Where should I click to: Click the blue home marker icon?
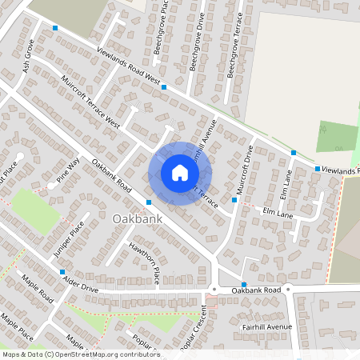click(179, 173)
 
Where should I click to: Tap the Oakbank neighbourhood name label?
click(138, 218)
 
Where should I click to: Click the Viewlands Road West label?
click(129, 67)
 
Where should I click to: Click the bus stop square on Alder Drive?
click(62, 272)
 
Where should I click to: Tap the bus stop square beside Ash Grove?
click(54, 29)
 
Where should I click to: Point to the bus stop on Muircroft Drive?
click(234, 200)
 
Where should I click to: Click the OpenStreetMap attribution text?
click(81, 354)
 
